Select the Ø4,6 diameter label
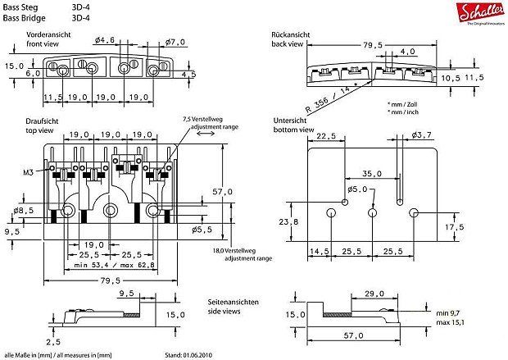point(104,40)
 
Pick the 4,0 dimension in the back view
point(408,51)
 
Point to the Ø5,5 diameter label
point(202,230)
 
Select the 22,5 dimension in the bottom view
point(326,136)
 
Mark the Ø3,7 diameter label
point(422,134)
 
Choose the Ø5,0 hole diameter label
point(358,189)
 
